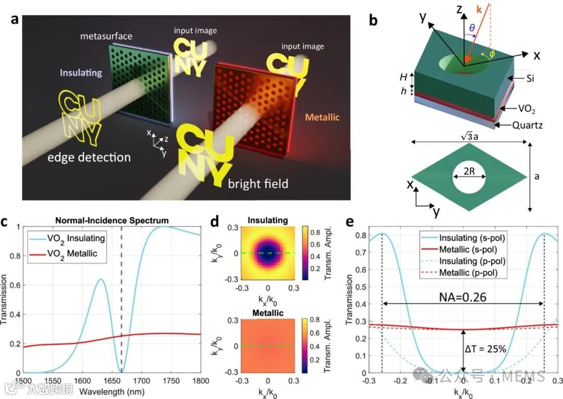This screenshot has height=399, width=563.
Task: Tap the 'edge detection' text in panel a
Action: (88, 157)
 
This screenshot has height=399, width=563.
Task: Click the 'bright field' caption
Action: (259, 184)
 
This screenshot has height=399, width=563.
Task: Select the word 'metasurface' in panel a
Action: (106, 36)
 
